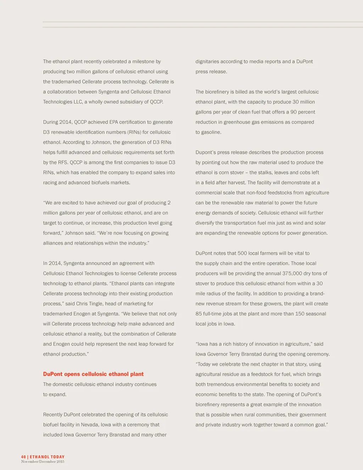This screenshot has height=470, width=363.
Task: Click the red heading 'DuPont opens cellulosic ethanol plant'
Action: coord(93,374)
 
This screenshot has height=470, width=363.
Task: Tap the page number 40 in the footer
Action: coord(23,457)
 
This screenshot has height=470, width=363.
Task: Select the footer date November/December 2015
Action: coord(43,462)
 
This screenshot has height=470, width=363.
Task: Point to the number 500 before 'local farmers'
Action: coord(242,253)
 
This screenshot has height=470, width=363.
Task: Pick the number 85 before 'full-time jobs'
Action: coord(199,314)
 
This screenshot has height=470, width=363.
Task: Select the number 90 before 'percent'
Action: coord(294,112)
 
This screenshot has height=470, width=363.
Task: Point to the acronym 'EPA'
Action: coord(113,122)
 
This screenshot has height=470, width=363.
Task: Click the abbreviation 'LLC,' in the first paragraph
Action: coord(78,102)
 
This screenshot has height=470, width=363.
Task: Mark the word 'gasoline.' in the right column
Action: coord(211,132)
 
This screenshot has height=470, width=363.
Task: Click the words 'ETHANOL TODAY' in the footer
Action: coord(47,457)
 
